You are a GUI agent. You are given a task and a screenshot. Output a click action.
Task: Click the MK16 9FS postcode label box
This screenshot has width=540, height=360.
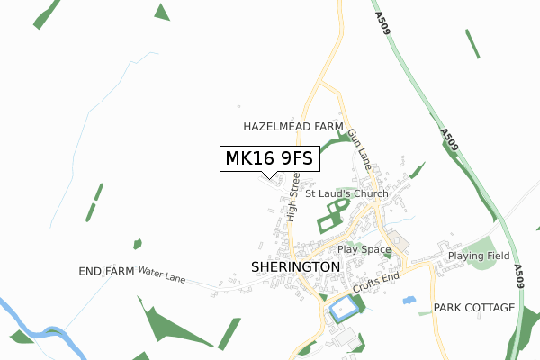click(x=268, y=158)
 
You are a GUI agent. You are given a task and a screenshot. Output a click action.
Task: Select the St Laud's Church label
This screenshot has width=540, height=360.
click(x=346, y=193)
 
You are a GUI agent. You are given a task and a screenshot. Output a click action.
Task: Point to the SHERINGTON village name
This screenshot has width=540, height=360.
click(x=295, y=267)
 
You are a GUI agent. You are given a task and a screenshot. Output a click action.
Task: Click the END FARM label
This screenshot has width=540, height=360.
click(x=106, y=271)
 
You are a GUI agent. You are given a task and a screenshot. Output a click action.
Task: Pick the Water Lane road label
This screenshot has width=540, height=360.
click(x=162, y=274)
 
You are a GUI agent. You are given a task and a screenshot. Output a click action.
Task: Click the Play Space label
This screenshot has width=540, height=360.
click(x=364, y=249)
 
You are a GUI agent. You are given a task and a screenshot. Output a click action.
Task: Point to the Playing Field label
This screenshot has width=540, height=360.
click(x=479, y=256)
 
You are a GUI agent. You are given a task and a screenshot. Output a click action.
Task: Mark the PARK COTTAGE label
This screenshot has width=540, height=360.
click(x=474, y=308)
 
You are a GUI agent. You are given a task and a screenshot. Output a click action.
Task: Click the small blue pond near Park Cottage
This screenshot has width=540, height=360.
click(x=409, y=300)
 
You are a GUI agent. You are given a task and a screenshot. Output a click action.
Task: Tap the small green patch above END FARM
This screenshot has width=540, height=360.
click(x=137, y=244)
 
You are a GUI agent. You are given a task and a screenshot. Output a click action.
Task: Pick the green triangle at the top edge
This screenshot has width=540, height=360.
click(x=162, y=12)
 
